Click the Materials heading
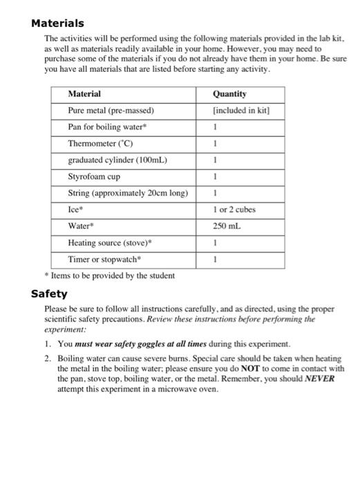[58, 24]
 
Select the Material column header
[84, 94]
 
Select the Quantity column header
[229, 94]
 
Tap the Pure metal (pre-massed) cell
[111, 111]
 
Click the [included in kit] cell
[240, 111]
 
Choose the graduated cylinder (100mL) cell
[118, 160]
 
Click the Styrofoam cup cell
[94, 177]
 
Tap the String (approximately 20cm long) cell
[128, 193]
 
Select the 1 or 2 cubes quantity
[234, 210]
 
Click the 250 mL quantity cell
[227, 226]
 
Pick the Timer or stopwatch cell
[104, 259]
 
